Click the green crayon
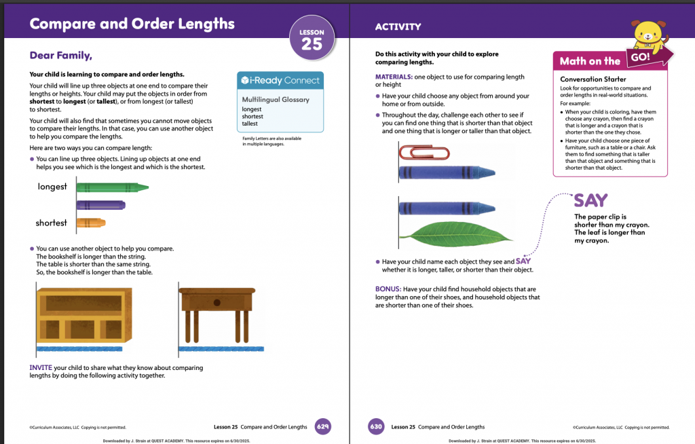(x=113, y=187)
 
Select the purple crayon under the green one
(x=101, y=205)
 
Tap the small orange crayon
(x=91, y=222)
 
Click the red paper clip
(x=425, y=153)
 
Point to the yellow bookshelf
(x=84, y=316)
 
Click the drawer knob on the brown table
(x=217, y=303)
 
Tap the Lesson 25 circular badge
(x=312, y=39)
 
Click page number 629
(x=322, y=427)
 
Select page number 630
(x=376, y=427)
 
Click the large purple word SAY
(x=591, y=200)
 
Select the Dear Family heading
(x=60, y=56)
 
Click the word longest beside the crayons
(x=52, y=187)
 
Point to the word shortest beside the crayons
(x=52, y=223)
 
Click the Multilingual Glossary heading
(x=276, y=100)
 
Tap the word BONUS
(x=388, y=289)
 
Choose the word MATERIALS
(x=394, y=77)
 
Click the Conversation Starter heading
(x=593, y=79)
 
